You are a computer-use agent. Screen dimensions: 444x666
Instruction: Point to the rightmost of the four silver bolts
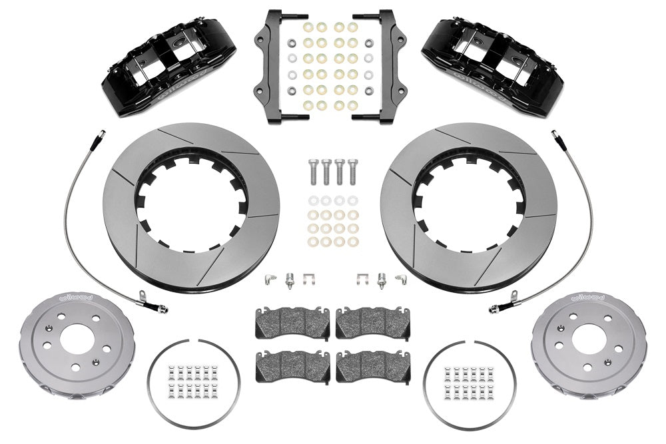[352, 172]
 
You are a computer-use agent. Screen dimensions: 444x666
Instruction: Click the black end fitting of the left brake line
[160, 308]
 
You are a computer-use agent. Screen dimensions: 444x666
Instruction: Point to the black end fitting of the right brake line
[497, 308]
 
